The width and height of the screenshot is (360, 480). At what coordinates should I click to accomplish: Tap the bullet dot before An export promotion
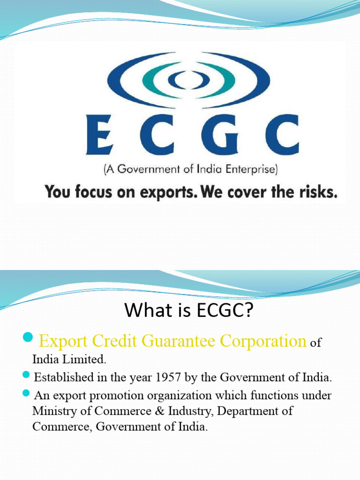(x=25, y=394)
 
